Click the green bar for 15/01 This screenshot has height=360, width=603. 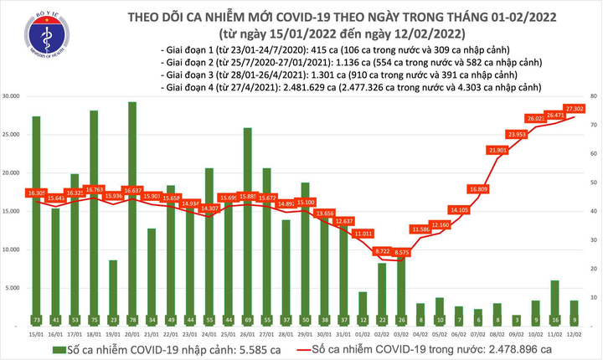pyautogui.click(x=36, y=218)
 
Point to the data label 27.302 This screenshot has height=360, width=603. pyautogui.click(x=575, y=109)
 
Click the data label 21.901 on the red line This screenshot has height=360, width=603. pyautogui.click(x=497, y=150)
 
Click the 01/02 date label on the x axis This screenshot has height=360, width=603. pyautogui.click(x=362, y=334)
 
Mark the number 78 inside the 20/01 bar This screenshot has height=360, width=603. pyautogui.click(x=132, y=320)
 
